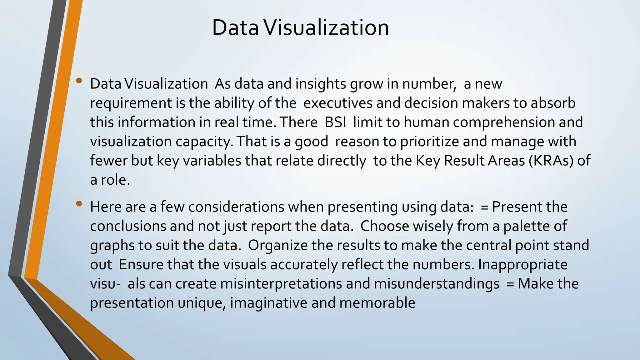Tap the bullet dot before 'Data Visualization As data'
79,81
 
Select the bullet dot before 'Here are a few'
79,204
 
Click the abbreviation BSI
335,122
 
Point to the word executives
338,103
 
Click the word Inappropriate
522,264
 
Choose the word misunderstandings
437,284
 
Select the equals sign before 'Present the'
484,207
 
